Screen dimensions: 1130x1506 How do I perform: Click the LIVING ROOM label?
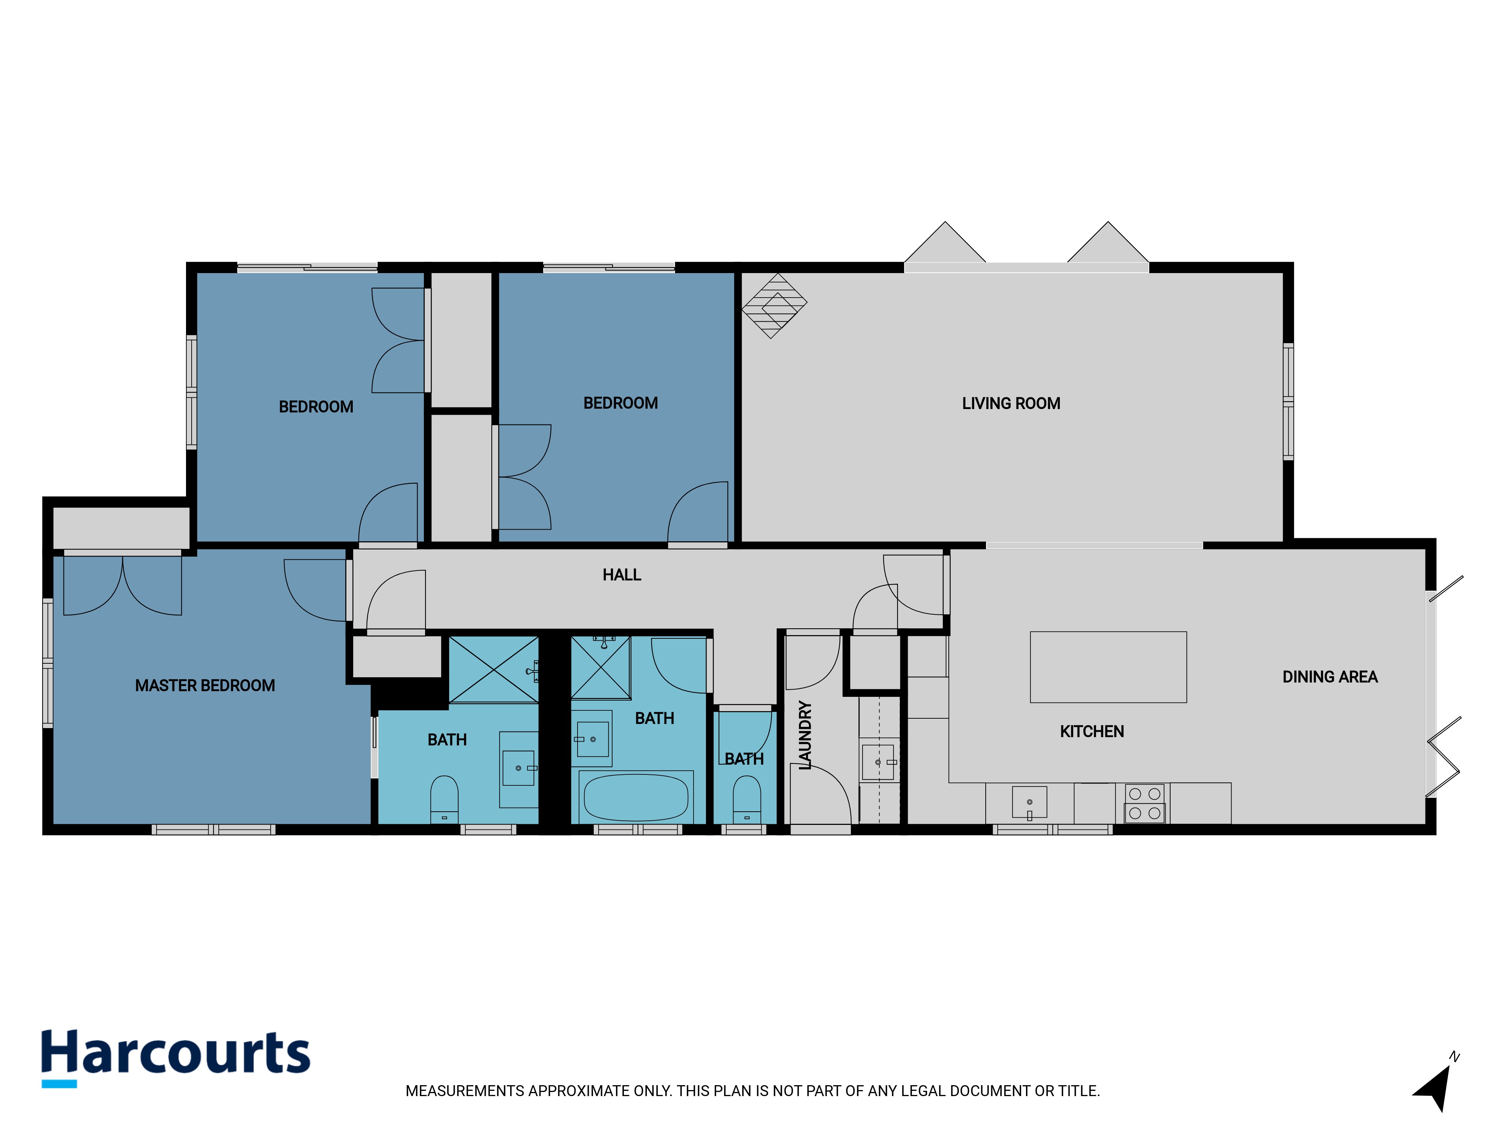(1011, 403)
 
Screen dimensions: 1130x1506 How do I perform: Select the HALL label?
(622, 575)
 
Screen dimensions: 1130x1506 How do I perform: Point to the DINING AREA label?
(1330, 676)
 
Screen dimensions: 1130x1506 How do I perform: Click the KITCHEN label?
(1091, 731)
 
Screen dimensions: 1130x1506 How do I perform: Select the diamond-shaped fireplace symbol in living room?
(774, 306)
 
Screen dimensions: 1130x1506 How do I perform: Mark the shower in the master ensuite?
(494, 670)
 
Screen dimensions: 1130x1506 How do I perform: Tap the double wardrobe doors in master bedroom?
(122, 586)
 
